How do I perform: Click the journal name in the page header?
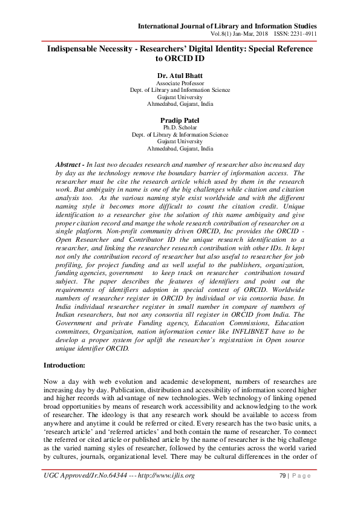pos(227,26)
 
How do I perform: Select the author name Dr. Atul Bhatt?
pos(180,75)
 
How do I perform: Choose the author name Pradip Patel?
pos(180,120)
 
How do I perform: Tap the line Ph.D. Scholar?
pos(180,128)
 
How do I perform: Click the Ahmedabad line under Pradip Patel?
pos(180,148)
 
